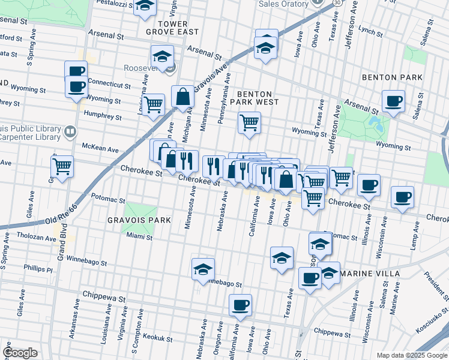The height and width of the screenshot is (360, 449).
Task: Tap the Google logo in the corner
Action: tap(20, 353)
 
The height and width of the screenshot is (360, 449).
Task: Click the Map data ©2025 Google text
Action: tap(411, 355)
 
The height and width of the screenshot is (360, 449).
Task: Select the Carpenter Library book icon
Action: tap(70, 131)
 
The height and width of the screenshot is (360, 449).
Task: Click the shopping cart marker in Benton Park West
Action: tap(249, 123)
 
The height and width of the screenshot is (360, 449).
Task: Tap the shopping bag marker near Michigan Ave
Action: tap(182, 97)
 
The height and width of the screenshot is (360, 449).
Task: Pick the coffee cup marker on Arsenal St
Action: tap(393, 101)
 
